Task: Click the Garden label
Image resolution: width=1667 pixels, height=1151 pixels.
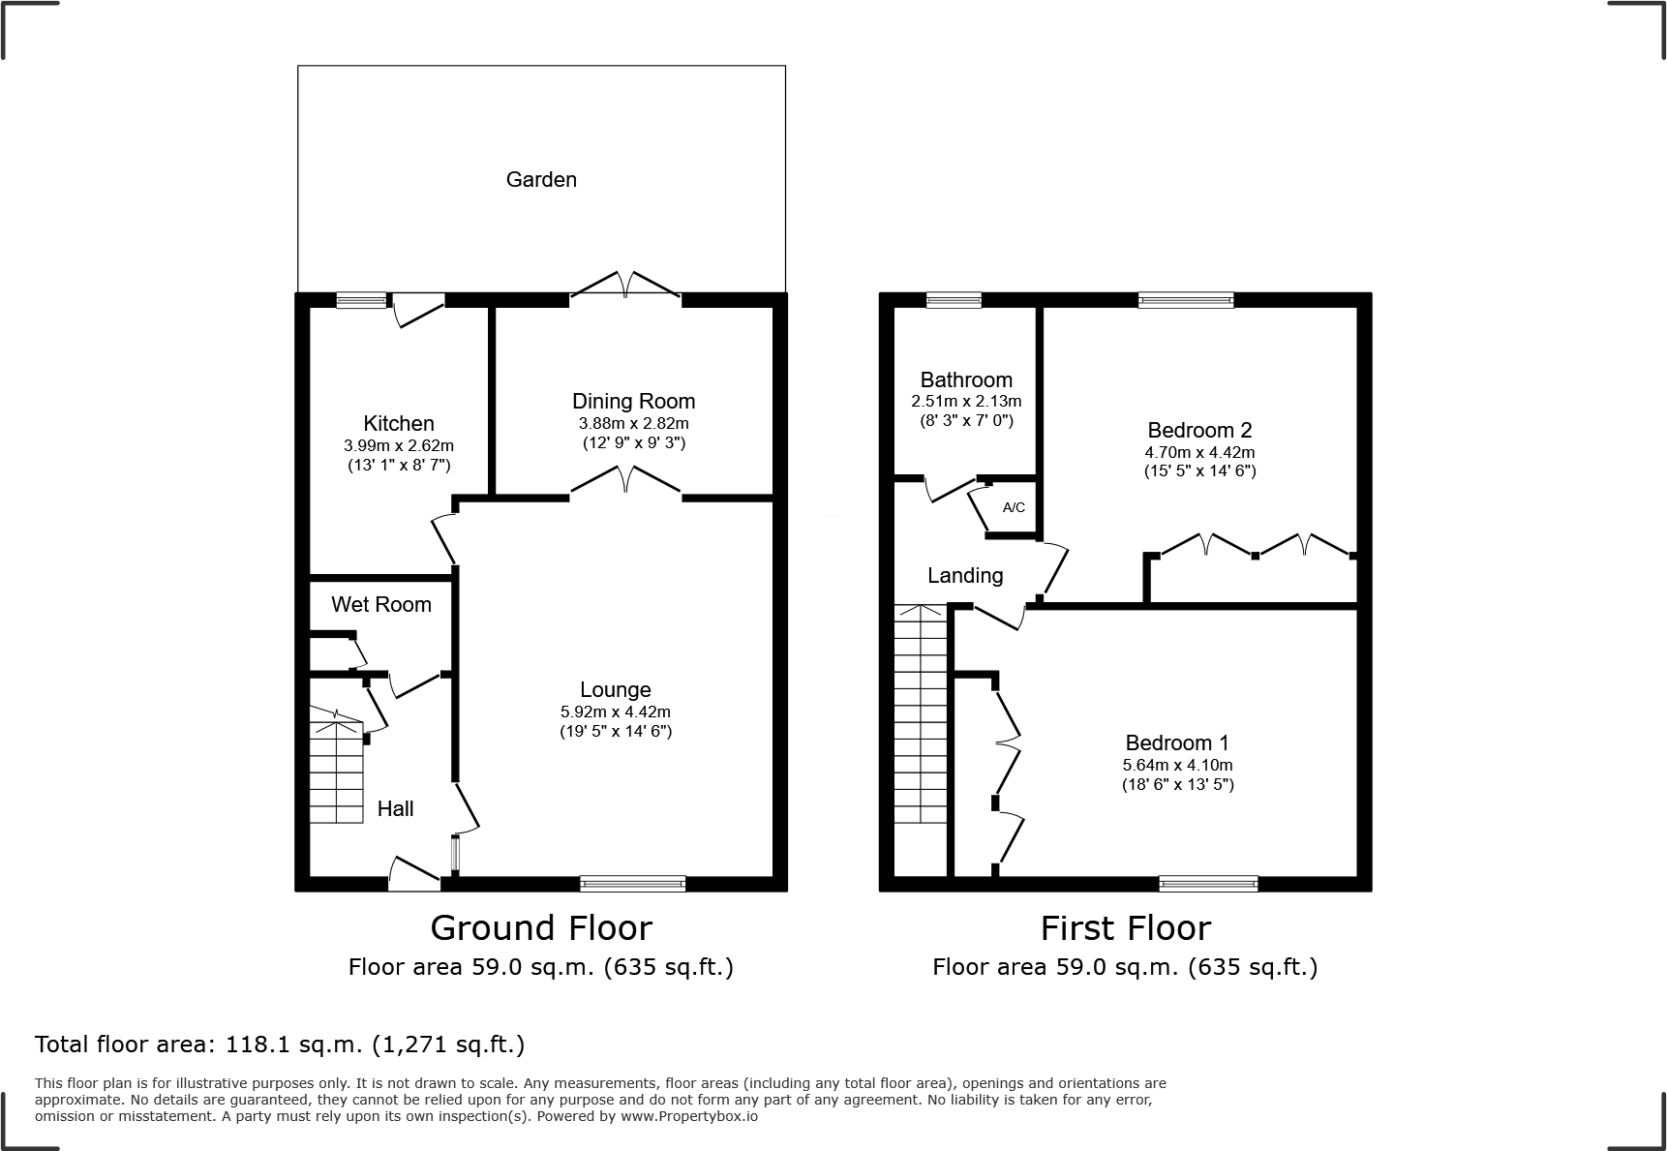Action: pyautogui.click(x=541, y=179)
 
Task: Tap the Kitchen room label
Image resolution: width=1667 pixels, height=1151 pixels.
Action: pyautogui.click(x=398, y=423)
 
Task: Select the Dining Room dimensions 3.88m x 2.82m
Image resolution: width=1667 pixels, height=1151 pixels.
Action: pyautogui.click(x=633, y=423)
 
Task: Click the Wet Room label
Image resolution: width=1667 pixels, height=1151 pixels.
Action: pyautogui.click(x=380, y=604)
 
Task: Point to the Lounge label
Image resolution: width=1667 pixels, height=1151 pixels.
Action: pyautogui.click(x=615, y=689)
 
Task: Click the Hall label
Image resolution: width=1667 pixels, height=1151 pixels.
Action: pyautogui.click(x=395, y=808)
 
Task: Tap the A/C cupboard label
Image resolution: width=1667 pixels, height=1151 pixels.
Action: pyautogui.click(x=1014, y=507)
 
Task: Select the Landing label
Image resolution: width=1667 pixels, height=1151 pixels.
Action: pyautogui.click(x=964, y=575)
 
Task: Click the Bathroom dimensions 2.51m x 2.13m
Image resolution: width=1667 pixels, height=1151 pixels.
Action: pyautogui.click(x=965, y=401)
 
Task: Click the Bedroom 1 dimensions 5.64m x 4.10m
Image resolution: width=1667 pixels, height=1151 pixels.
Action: pyautogui.click(x=1177, y=765)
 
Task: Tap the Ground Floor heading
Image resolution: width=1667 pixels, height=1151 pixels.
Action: pyautogui.click(x=540, y=927)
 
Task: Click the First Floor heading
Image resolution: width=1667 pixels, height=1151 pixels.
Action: pyautogui.click(x=1125, y=927)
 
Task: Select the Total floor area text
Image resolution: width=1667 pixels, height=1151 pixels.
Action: pyautogui.click(x=279, y=1045)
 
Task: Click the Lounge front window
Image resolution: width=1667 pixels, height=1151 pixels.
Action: pyautogui.click(x=632, y=883)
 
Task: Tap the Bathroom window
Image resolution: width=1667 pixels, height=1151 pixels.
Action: pyautogui.click(x=954, y=300)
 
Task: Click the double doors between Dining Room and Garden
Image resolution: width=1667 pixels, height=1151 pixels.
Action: pyautogui.click(x=625, y=287)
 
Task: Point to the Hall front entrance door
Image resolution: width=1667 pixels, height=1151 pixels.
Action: pyautogui.click(x=414, y=877)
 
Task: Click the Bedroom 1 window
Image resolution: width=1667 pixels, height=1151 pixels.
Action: pyautogui.click(x=1208, y=883)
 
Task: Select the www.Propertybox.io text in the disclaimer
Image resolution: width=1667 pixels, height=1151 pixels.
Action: pyautogui.click(x=688, y=1116)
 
